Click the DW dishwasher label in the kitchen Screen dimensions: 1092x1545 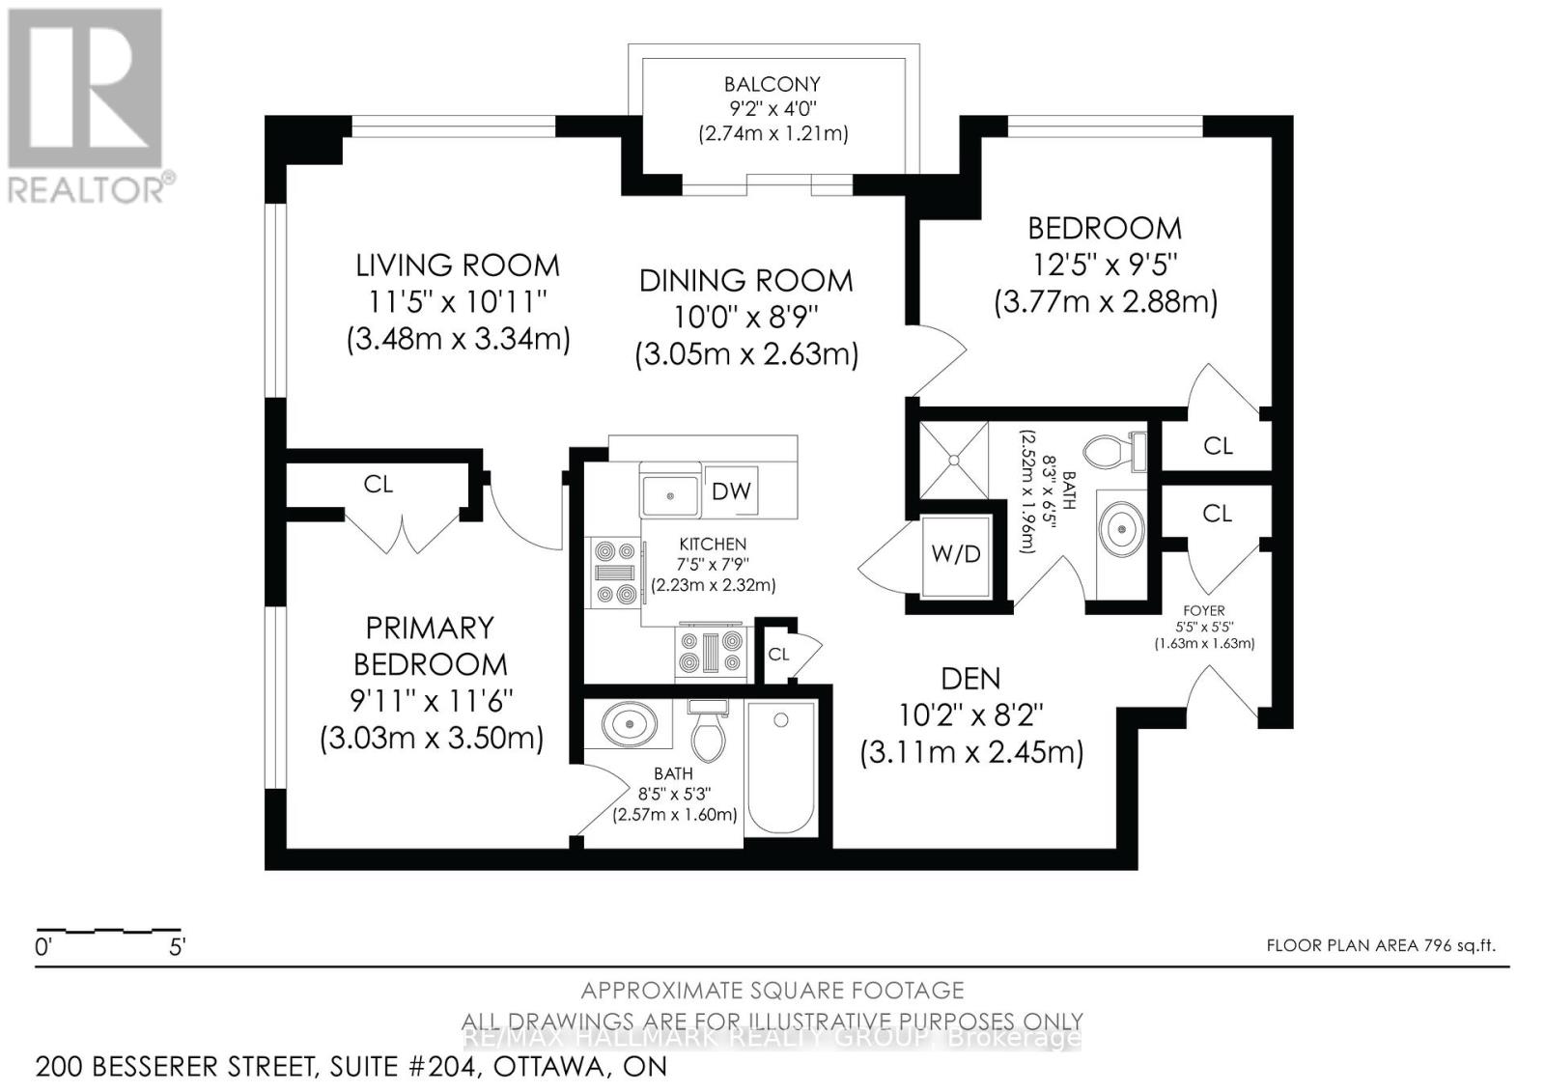(731, 490)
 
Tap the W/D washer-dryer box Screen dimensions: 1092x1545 (955, 554)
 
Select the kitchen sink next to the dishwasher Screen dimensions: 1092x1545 (670, 495)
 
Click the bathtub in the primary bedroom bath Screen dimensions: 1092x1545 (782, 768)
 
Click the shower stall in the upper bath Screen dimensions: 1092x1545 (954, 460)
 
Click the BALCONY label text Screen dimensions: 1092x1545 (772, 84)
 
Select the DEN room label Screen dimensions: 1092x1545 (970, 679)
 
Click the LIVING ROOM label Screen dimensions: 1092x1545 (457, 266)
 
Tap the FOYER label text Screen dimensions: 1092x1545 (1203, 610)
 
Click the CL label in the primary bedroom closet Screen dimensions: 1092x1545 (378, 484)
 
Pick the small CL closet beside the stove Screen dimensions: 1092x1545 (778, 654)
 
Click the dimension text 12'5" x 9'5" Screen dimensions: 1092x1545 (1105, 265)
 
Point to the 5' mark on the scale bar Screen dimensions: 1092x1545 (177, 947)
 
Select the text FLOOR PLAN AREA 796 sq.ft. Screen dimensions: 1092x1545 (1381, 945)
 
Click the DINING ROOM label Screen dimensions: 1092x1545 (745, 281)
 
